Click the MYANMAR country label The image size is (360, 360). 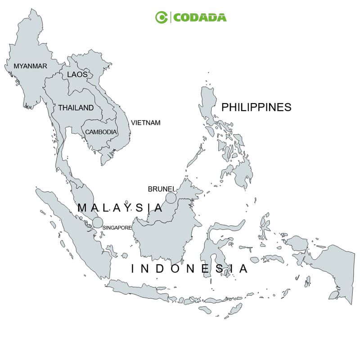(x=30, y=66)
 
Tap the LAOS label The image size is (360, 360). (x=77, y=74)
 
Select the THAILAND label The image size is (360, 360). (x=76, y=108)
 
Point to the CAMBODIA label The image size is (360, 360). (x=101, y=132)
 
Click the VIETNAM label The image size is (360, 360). (x=145, y=122)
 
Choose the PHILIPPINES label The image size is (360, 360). (x=256, y=107)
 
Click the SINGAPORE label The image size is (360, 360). (x=117, y=228)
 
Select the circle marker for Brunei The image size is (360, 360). (x=171, y=198)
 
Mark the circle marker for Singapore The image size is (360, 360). (x=98, y=222)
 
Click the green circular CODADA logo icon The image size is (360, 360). (x=161, y=18)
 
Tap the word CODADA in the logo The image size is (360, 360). (x=200, y=18)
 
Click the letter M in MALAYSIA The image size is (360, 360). (x=82, y=208)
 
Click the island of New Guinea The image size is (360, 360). (x=333, y=265)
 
